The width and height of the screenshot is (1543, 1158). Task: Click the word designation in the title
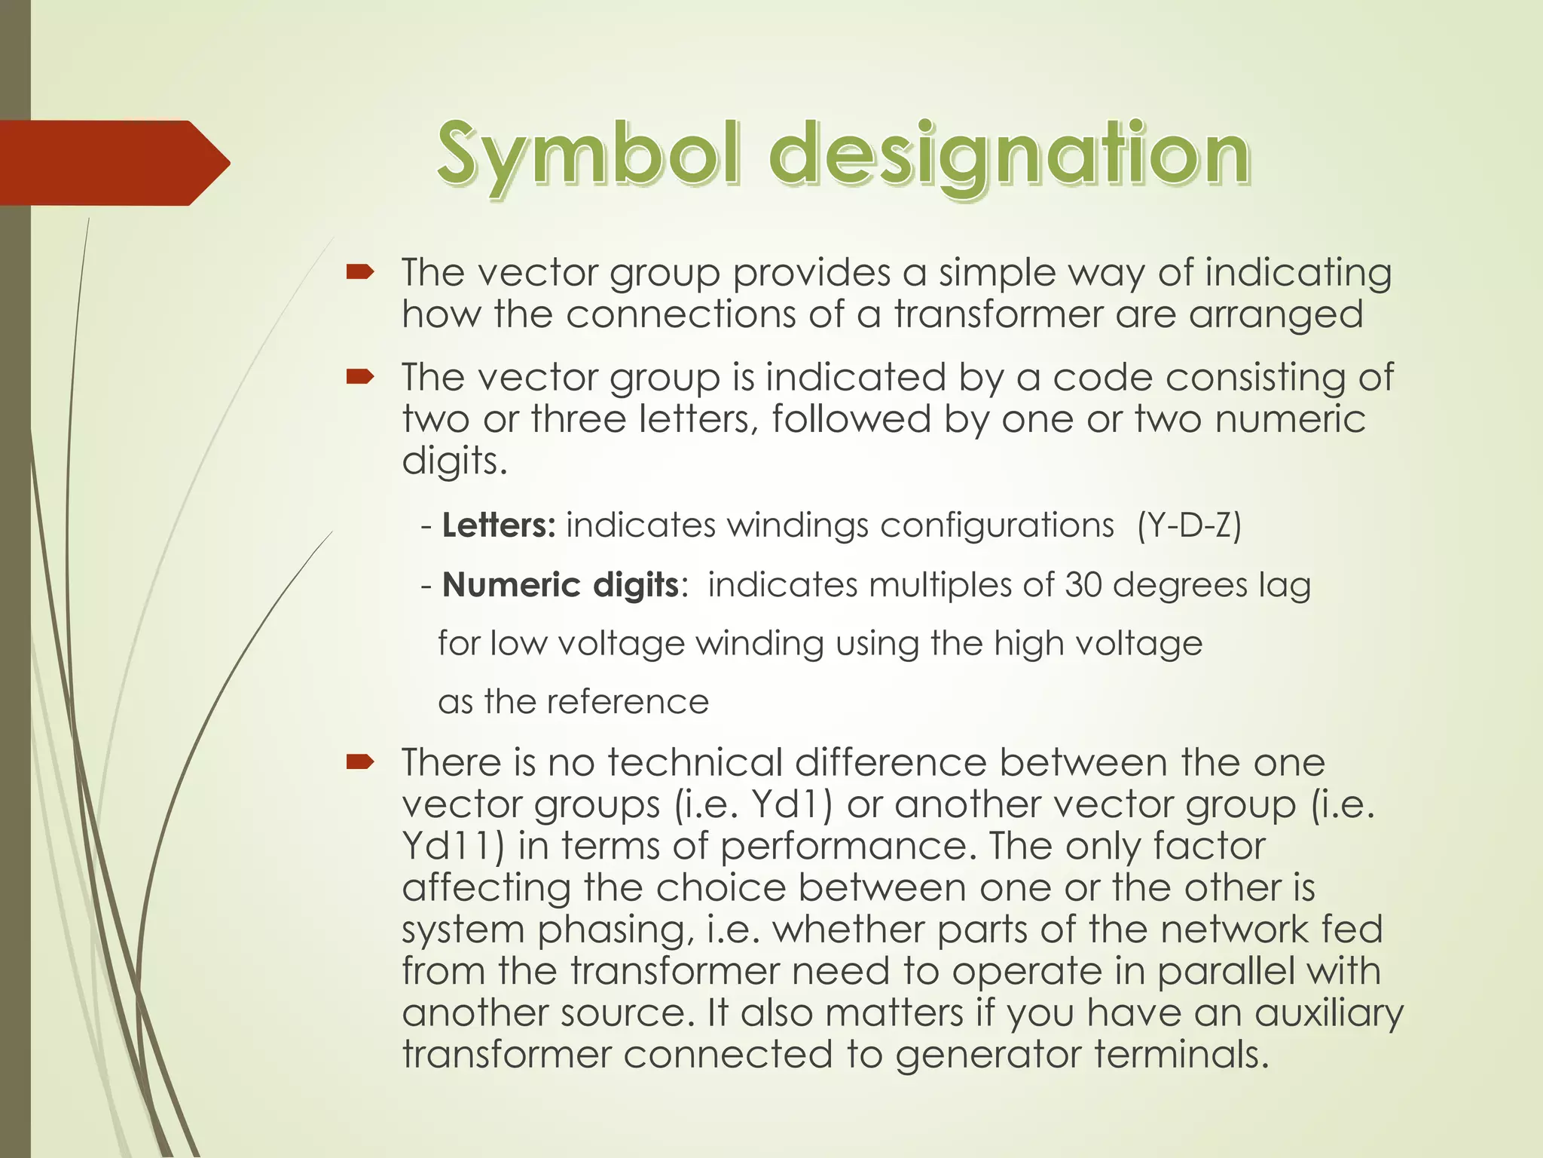point(1010,156)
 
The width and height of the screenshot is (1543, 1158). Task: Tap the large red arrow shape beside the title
point(113,163)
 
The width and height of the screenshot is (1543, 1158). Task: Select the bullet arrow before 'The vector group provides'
point(360,272)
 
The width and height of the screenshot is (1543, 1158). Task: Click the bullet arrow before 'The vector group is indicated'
point(360,377)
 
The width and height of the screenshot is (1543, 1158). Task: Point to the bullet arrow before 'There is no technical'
point(360,762)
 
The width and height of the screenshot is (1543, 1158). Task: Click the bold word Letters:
point(499,525)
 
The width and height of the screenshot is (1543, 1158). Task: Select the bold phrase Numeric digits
point(561,585)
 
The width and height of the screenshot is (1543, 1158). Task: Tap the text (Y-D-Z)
point(1189,525)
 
